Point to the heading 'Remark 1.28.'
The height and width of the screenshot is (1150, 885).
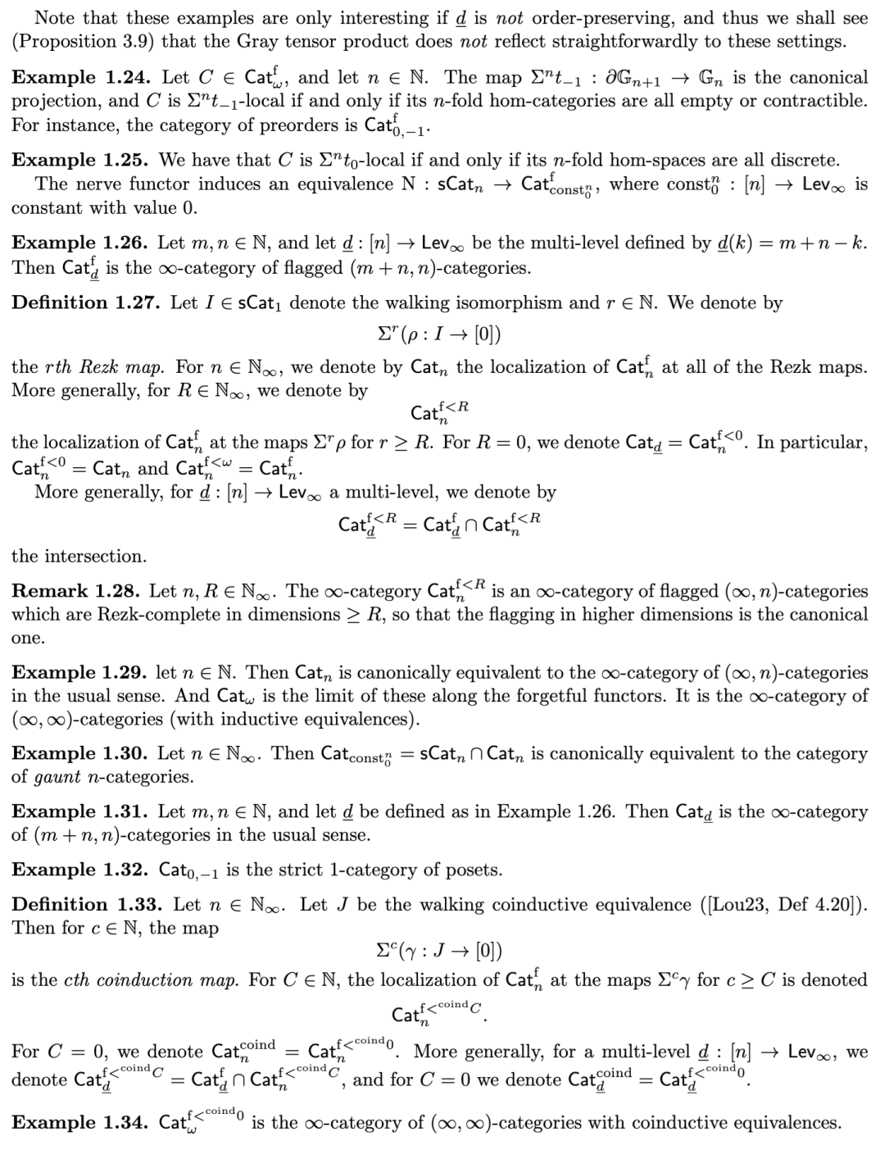coord(72,591)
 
